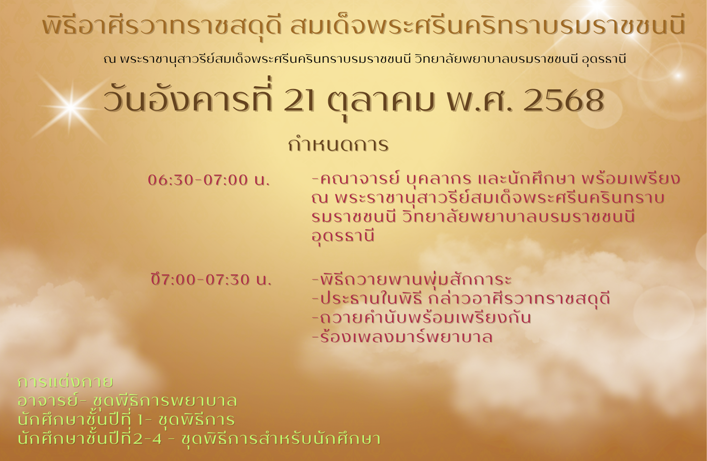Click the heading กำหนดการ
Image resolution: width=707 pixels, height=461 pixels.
pos(338,144)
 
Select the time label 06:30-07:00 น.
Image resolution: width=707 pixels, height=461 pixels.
pos(209,180)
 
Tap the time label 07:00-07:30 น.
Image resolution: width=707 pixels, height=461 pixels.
pos(211,280)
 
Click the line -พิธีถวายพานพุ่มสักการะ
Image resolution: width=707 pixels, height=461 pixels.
pos(411,279)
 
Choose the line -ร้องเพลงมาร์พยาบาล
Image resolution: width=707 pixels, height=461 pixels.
pos(402,337)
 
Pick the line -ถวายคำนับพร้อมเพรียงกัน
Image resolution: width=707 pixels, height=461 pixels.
pos(421,318)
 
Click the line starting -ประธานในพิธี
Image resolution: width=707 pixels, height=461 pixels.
pos(461,298)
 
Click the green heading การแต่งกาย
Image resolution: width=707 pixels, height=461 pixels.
pos(65,382)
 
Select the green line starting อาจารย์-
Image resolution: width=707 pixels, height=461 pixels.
pos(127,401)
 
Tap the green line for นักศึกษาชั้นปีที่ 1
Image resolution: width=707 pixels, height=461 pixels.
pos(126,419)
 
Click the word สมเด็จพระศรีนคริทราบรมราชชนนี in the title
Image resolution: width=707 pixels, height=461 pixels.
pos(487,26)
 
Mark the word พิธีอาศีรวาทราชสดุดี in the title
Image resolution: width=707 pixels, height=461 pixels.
pos(162,26)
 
